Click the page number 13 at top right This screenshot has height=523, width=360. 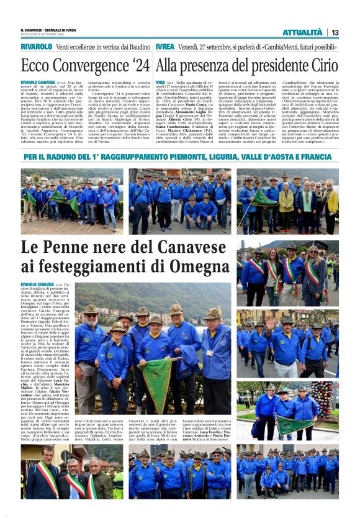coord(335,32)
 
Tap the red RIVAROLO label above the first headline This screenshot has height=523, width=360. coord(36,47)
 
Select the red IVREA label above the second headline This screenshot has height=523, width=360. coord(164,47)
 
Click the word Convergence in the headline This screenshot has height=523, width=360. coord(83,65)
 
